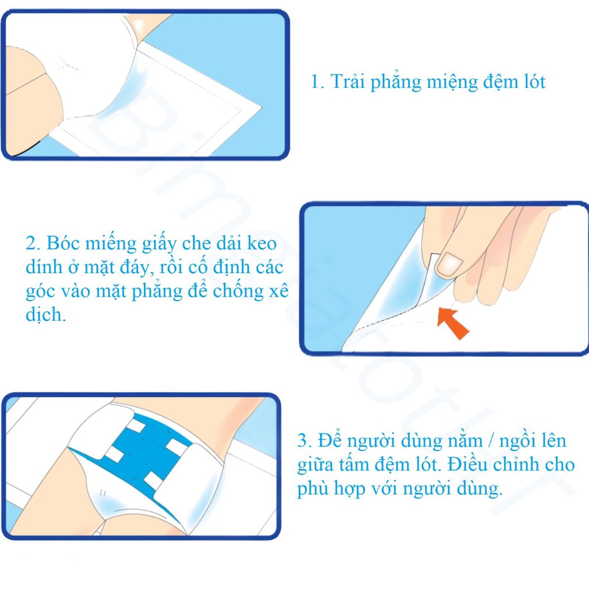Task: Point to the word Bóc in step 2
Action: [62, 243]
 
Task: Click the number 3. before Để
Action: [305, 442]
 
